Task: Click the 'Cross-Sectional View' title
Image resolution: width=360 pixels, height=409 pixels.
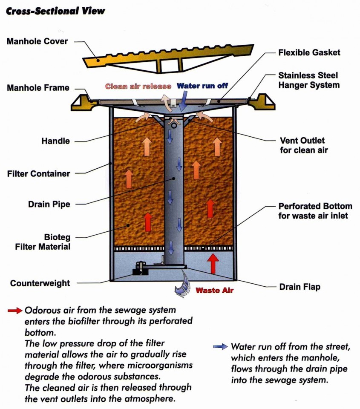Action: click(55, 11)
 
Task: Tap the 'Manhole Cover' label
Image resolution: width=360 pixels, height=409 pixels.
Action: click(37, 42)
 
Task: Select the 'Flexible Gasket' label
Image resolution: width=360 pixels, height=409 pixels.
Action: click(309, 53)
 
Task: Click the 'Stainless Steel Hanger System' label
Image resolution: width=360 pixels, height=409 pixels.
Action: click(309, 80)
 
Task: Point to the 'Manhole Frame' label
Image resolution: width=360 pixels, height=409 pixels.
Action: click(38, 88)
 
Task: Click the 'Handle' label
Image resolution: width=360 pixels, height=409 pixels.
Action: click(55, 141)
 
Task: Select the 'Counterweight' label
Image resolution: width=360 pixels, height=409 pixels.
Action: click(40, 283)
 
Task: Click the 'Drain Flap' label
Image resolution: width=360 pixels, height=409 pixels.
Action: click(300, 287)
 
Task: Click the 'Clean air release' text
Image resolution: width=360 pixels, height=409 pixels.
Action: click(138, 86)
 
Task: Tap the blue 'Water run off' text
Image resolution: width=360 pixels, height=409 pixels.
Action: click(202, 86)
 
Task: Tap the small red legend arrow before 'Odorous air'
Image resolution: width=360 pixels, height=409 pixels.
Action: click(15, 311)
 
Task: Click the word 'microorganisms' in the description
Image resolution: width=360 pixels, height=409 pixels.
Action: click(162, 366)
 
